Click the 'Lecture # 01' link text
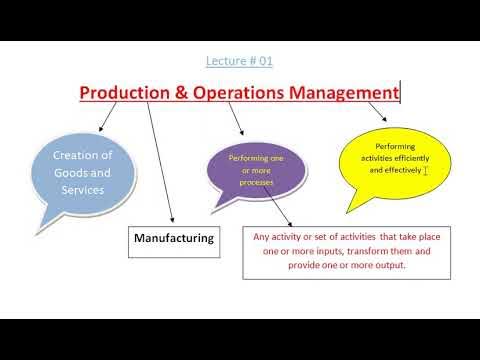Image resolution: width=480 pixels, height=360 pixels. click(239, 61)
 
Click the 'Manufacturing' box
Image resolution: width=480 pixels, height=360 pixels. click(174, 238)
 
